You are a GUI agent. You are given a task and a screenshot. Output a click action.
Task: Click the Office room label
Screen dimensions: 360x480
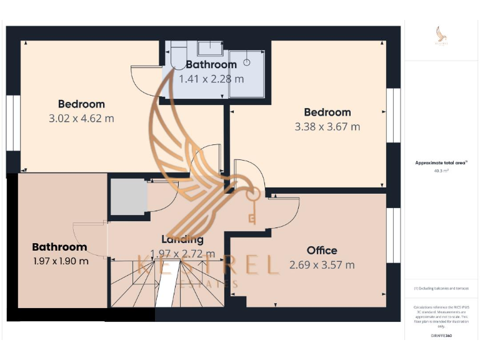(x=322, y=251)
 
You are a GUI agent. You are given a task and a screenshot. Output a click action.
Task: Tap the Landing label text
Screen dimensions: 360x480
(x=182, y=239)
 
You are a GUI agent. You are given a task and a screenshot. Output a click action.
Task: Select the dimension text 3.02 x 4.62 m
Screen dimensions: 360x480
(x=81, y=118)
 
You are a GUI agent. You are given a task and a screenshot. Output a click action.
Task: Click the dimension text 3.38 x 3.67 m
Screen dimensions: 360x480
(x=327, y=126)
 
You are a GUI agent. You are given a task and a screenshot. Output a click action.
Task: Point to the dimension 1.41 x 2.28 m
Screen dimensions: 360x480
(x=211, y=79)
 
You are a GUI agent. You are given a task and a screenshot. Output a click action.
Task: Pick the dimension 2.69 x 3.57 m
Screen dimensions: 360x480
(x=322, y=265)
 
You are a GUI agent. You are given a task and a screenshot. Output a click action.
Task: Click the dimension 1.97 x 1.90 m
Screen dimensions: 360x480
(x=60, y=261)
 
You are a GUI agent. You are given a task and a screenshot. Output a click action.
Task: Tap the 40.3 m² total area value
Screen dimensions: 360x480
(x=441, y=170)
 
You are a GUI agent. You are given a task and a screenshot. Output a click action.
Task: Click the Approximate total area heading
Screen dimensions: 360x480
(x=441, y=162)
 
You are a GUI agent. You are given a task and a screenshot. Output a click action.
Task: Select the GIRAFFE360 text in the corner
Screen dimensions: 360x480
(x=441, y=336)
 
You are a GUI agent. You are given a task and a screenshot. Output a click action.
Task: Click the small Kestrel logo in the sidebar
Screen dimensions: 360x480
(x=441, y=36)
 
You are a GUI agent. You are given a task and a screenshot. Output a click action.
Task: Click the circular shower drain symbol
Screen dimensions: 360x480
(x=247, y=62)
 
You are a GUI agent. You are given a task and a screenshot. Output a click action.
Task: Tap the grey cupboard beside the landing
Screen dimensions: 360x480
(x=128, y=197)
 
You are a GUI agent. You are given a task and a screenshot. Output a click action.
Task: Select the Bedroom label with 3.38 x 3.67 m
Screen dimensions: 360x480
(x=327, y=112)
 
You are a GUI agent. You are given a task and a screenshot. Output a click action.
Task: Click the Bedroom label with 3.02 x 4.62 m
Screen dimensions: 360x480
(x=81, y=104)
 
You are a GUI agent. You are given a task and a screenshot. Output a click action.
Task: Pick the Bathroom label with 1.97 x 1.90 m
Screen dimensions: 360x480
(x=59, y=247)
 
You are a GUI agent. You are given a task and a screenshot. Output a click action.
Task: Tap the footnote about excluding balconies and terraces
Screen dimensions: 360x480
(x=441, y=288)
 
